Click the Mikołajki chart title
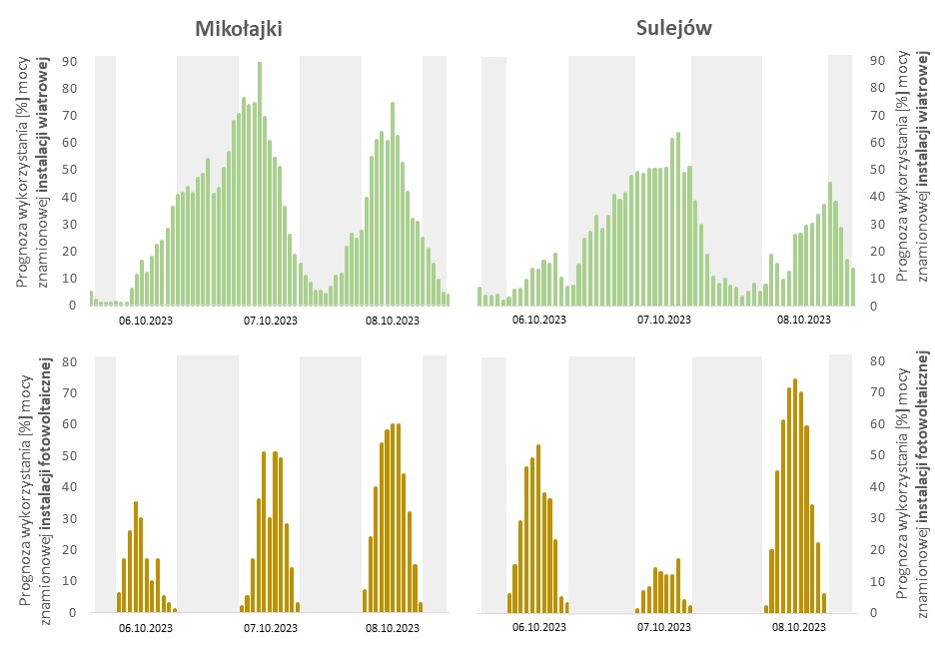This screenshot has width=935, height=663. pos(238,29)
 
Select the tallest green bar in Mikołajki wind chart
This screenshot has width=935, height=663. pos(260,185)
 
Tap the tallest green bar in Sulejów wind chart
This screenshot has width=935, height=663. pos(677,219)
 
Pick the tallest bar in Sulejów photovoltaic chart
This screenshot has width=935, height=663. pos(795,495)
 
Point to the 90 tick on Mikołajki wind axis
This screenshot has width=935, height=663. pos(70,61)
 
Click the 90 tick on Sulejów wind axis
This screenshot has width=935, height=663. pos(880,61)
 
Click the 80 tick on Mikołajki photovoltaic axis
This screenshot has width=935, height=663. pos(70,361)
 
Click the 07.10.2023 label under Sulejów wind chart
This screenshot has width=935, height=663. pos(663,321)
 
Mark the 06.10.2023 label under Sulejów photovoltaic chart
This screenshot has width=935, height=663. pos(538,628)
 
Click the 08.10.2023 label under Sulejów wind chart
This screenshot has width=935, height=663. pos(804,321)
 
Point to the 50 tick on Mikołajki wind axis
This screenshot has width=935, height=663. pos(70,170)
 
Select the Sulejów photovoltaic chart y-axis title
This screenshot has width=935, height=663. pos(912,484)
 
